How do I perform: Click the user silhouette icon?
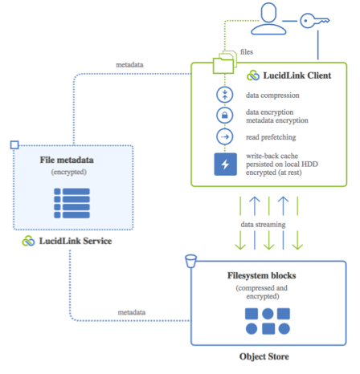point(268,18)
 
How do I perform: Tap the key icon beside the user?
point(314,21)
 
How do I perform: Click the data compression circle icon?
point(225,95)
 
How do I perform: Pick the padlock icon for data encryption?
point(225,116)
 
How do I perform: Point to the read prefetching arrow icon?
point(225,136)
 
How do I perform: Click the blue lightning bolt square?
point(225,165)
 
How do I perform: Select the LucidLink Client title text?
point(297,75)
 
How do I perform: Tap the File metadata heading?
point(67,160)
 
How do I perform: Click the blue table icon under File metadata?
point(72,203)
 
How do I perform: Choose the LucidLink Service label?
point(76,241)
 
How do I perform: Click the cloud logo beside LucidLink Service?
point(28,241)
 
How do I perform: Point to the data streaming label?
point(263,225)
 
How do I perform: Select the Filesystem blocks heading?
point(262,275)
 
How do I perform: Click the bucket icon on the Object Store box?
point(190,261)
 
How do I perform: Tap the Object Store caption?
point(264,356)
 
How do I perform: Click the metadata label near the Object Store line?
point(132,312)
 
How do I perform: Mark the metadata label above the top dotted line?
point(129,65)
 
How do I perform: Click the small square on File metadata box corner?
point(14,145)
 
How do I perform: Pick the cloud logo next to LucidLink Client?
point(253,75)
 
